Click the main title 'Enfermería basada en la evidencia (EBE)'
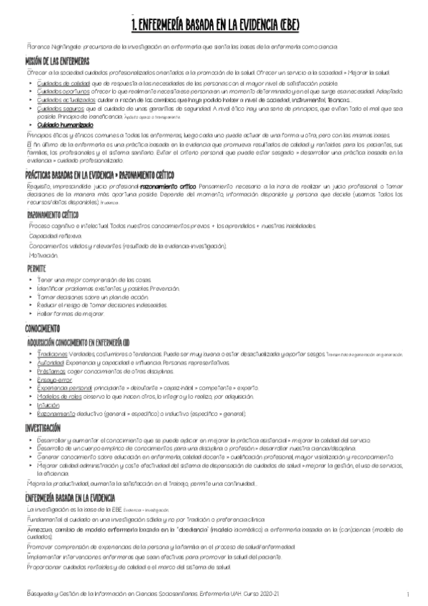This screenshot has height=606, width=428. tap(215, 26)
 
